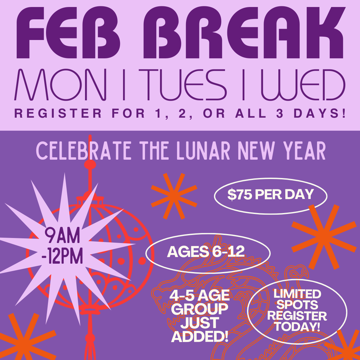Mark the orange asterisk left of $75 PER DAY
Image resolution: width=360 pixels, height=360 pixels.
[x=173, y=196]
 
